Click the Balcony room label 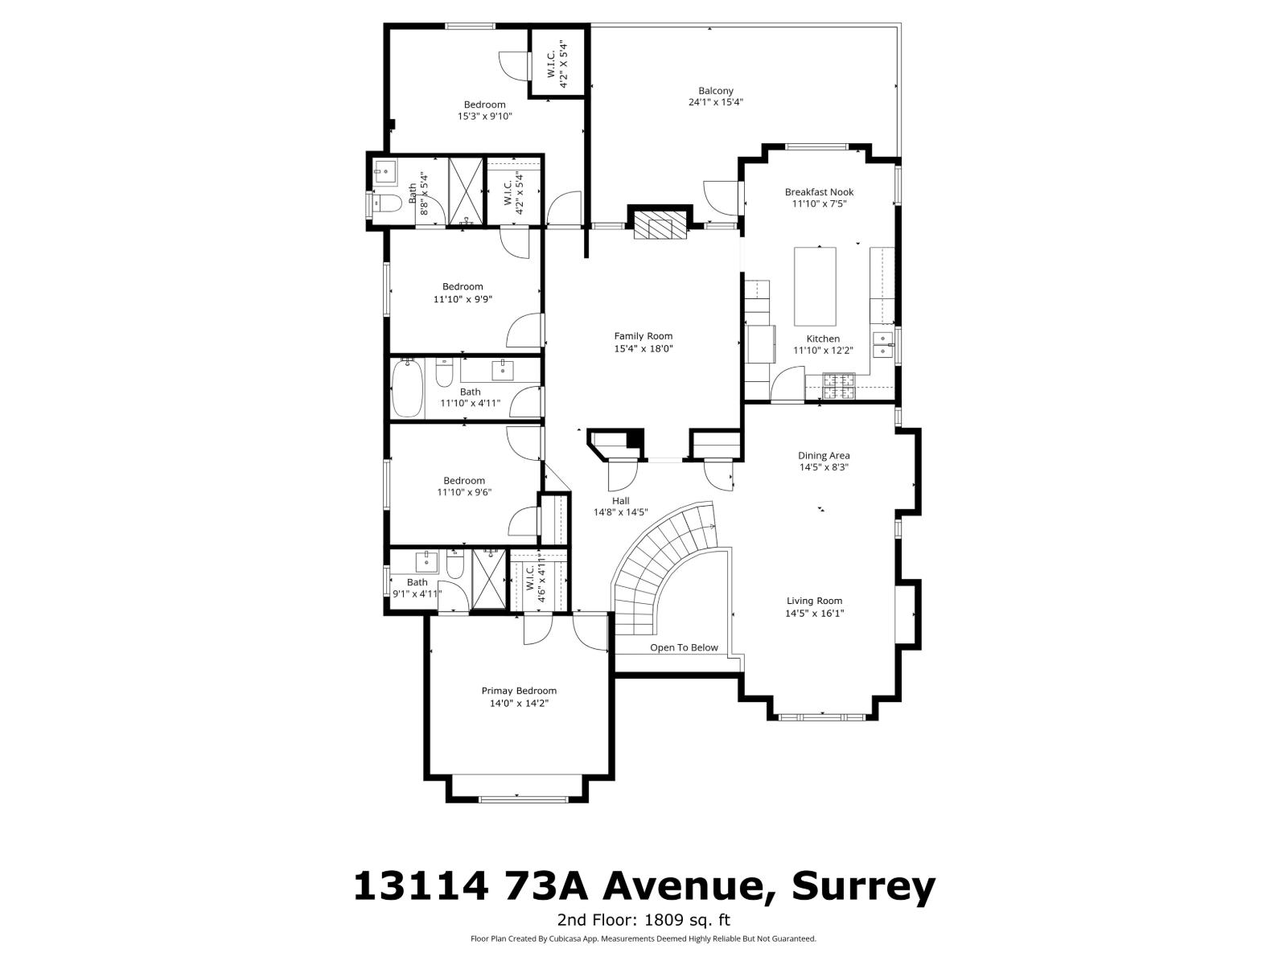(715, 91)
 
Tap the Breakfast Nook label (819, 192)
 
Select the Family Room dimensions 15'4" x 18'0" (643, 349)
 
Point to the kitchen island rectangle (815, 285)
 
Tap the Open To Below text (684, 647)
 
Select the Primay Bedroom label (519, 691)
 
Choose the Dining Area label (824, 455)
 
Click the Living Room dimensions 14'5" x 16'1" (815, 614)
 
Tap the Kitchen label (823, 339)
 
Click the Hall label (620, 500)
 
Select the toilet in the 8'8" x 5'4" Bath (387, 203)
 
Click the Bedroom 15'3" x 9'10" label (484, 105)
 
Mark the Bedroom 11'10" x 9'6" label (464, 481)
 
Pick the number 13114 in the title (421, 886)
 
